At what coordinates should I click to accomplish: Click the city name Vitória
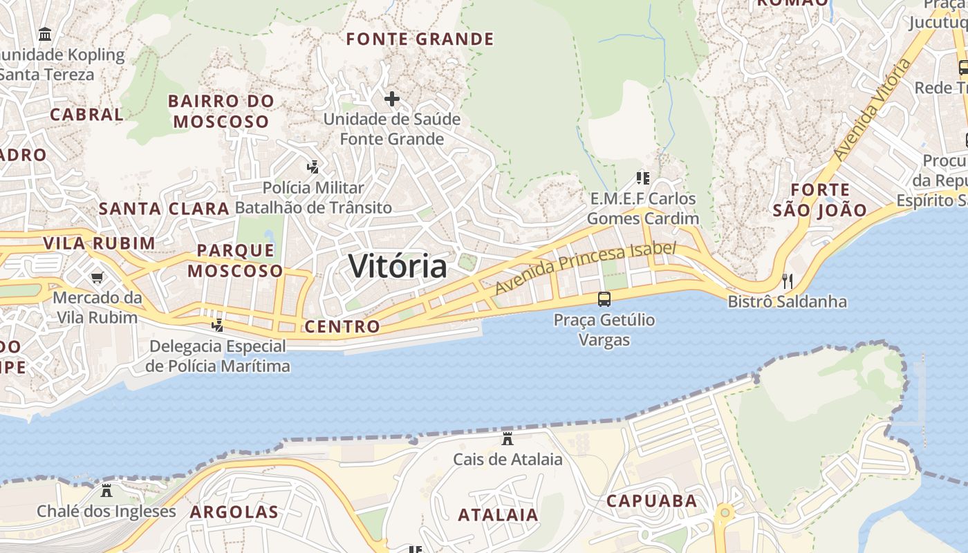pyautogui.click(x=398, y=266)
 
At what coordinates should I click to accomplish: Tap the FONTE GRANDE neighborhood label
pyautogui.click(x=420, y=39)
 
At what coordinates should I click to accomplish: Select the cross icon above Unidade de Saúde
pyautogui.click(x=392, y=99)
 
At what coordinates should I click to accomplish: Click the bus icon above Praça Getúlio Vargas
pyautogui.click(x=604, y=299)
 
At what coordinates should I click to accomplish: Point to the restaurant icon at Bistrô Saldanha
pyautogui.click(x=787, y=281)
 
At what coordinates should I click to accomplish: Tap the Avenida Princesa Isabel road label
pyautogui.click(x=585, y=268)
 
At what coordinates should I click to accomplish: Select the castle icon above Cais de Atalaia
pyautogui.click(x=508, y=438)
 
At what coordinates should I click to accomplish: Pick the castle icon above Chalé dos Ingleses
pyautogui.click(x=106, y=491)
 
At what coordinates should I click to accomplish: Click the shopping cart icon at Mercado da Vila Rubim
pyautogui.click(x=97, y=277)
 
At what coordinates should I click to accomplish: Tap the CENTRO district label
pyautogui.click(x=342, y=326)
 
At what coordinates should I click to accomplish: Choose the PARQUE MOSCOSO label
pyautogui.click(x=235, y=261)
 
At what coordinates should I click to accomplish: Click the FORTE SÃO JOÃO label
pyautogui.click(x=819, y=200)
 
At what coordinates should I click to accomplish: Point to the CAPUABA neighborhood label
pyautogui.click(x=651, y=501)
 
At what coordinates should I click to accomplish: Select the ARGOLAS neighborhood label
pyautogui.click(x=234, y=512)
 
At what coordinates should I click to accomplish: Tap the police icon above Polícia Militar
pyautogui.click(x=313, y=167)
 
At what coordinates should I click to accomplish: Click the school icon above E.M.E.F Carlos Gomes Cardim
pyautogui.click(x=643, y=178)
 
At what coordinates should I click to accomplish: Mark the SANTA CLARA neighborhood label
pyautogui.click(x=164, y=209)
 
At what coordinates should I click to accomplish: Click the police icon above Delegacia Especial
pyautogui.click(x=218, y=325)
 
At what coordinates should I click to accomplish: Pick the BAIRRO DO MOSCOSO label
pyautogui.click(x=221, y=111)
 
